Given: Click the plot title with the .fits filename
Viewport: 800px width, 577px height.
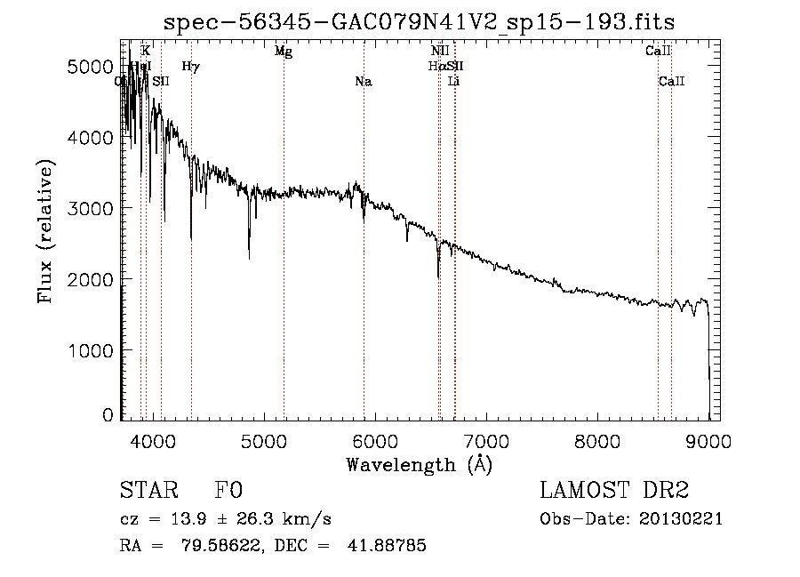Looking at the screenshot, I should tap(420, 21).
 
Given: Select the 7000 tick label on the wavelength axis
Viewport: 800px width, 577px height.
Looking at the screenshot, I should tap(486, 440).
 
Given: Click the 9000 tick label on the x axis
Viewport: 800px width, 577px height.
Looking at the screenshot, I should tap(708, 440).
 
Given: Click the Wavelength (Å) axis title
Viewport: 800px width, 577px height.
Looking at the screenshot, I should tap(419, 463).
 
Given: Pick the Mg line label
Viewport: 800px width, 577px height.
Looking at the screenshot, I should tap(284, 52).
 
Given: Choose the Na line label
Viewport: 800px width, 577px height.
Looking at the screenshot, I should tap(363, 82).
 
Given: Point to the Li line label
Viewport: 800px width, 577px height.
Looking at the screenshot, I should tap(454, 82).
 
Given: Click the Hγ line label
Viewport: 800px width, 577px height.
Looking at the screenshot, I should tap(191, 66).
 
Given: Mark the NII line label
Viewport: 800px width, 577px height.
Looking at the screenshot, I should tap(440, 52).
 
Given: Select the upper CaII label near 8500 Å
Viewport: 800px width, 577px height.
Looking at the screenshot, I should tap(658, 52).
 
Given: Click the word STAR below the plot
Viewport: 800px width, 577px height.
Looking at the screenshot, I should tap(148, 490).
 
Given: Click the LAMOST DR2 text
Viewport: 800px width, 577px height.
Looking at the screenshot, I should tap(614, 490).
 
